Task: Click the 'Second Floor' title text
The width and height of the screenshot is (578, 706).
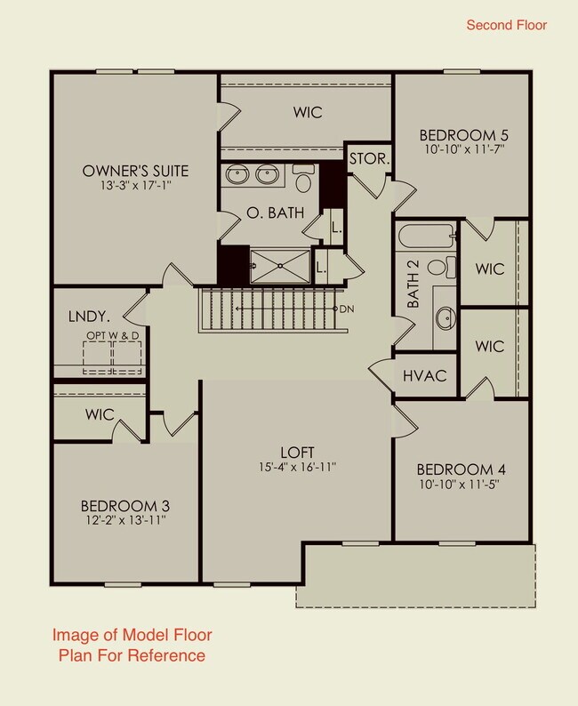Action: [507, 25]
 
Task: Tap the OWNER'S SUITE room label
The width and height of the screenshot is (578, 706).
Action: [135, 170]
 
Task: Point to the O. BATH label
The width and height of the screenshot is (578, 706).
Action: [275, 213]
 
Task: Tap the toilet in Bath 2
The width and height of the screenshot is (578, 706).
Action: [438, 266]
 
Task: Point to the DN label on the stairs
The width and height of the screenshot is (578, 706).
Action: [347, 309]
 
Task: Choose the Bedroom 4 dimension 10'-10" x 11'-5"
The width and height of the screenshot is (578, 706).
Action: [462, 485]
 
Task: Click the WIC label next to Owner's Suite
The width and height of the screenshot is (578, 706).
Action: [307, 113]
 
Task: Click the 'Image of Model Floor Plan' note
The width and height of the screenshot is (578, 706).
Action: [132, 646]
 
